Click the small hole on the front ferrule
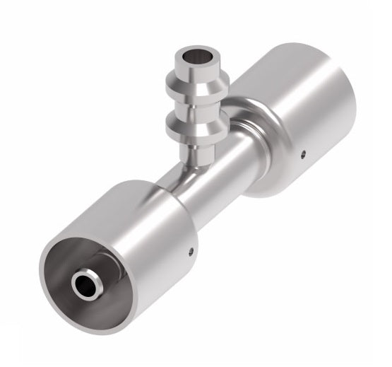[x=191, y=250]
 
